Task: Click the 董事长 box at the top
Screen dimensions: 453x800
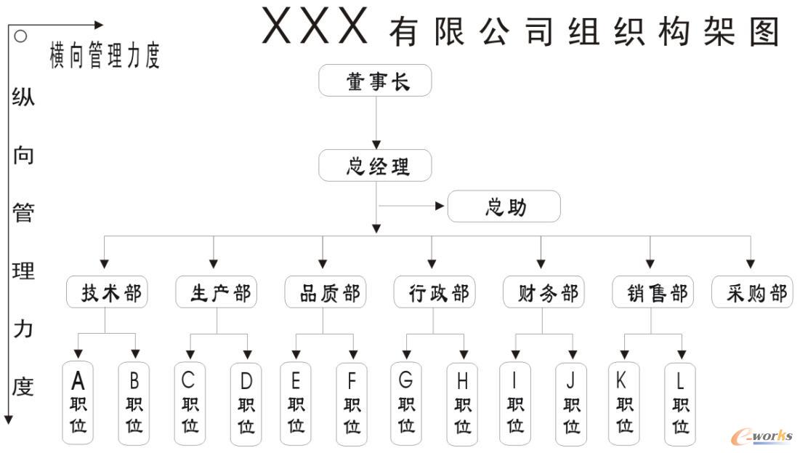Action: (375, 81)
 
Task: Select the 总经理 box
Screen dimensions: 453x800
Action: (375, 166)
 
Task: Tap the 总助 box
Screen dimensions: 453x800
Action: (504, 207)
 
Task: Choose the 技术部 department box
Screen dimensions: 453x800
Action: (106, 292)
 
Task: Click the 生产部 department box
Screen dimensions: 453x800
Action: (215, 292)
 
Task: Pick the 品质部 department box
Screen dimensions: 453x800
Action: (324, 292)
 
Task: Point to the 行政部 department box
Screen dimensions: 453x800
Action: (433, 292)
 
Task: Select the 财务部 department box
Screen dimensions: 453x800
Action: (542, 292)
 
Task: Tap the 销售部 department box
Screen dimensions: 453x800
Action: (651, 292)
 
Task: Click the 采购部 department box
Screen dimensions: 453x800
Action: (752, 292)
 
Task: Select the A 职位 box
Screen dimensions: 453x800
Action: (78, 403)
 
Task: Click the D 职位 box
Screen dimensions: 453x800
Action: (246, 403)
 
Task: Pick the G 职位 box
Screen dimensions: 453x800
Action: (405, 403)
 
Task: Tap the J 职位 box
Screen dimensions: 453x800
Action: (571, 403)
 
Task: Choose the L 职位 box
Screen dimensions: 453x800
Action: (680, 403)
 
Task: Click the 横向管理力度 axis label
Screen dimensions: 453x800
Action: (104, 55)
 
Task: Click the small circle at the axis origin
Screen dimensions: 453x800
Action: (21, 36)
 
